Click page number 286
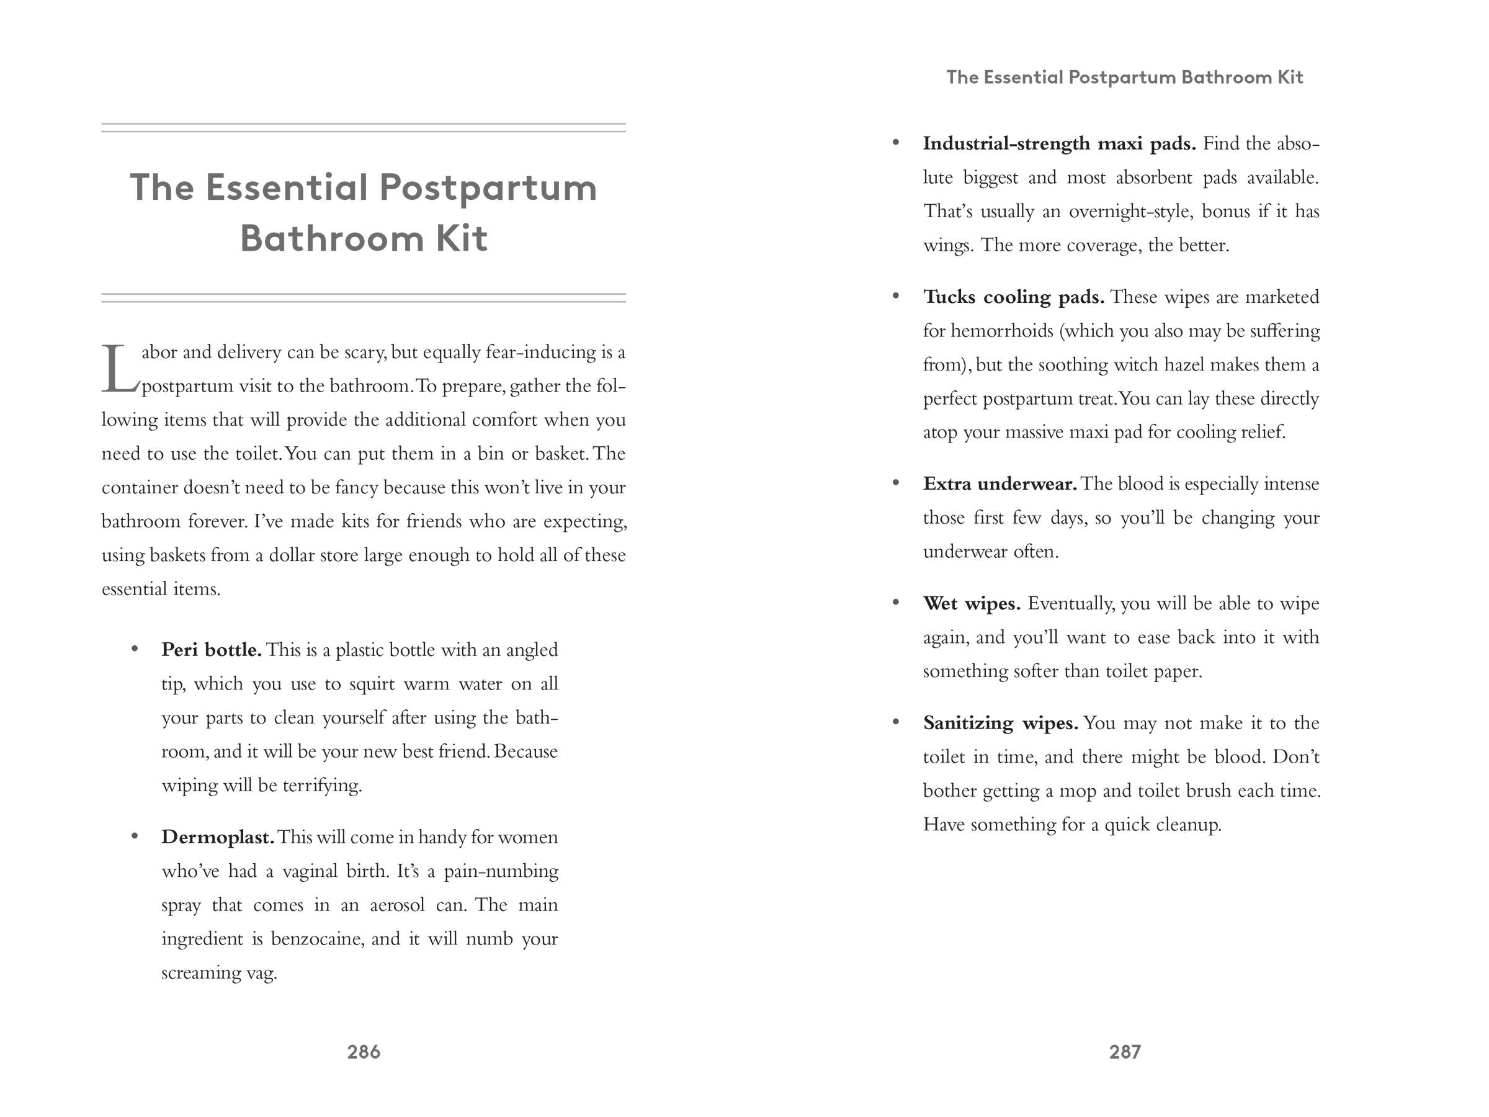364,1052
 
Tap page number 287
1125,1052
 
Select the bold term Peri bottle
212,650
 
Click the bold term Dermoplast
217,837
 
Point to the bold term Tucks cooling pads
1014,297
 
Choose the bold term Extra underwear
999,483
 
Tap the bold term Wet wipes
972,603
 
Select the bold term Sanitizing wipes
1000,723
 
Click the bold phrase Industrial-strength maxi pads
1059,143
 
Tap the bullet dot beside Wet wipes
895,602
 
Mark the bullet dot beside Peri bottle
135,648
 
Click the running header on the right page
1124,78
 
